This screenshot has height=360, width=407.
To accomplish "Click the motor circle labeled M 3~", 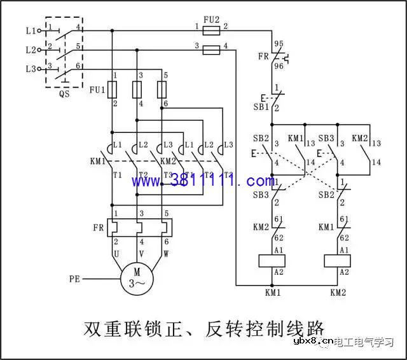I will (138, 279).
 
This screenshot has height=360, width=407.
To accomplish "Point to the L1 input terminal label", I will (31, 30).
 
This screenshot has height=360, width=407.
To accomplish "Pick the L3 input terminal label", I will (31, 68).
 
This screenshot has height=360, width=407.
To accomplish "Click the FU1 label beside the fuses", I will (97, 90).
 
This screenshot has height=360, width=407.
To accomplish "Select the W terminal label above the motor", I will (166, 253).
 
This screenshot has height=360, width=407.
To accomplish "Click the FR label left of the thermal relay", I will (97, 228).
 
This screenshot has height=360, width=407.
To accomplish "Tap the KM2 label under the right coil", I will (338, 293).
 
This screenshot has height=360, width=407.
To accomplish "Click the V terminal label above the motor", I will (141, 253).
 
